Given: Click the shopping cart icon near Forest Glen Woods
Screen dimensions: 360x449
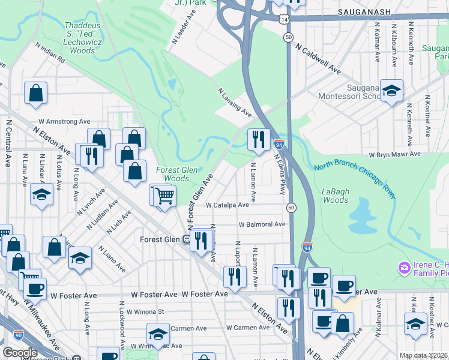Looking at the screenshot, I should pos(162,195).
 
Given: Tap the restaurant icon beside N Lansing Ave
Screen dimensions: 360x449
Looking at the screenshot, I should pos(259,140).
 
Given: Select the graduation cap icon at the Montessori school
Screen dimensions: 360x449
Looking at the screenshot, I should pos(391,91).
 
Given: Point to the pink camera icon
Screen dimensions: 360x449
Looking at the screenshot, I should pos(404,266).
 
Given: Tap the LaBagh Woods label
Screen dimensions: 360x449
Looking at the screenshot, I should pos(336,196).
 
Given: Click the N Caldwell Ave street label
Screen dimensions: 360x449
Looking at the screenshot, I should pos(318,61).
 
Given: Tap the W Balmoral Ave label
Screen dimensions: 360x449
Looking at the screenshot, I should pos(262,224).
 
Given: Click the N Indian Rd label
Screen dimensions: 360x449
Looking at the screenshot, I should pos(50,53).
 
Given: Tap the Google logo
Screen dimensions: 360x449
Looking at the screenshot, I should pos(20,353).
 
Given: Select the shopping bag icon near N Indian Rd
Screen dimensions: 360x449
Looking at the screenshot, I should pos(36,93).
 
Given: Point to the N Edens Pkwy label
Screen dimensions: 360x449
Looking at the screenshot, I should pos(280,173).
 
